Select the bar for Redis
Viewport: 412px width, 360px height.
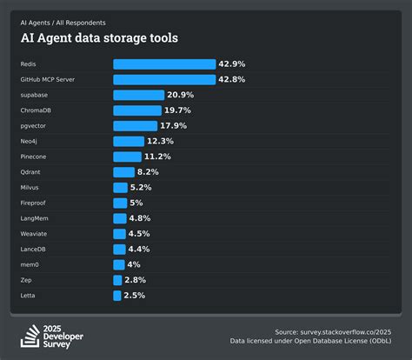click(x=164, y=64)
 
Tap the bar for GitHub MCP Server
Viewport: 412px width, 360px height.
click(x=164, y=79)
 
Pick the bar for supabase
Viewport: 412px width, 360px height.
click(x=138, y=95)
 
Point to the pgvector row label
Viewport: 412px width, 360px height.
click(x=33, y=126)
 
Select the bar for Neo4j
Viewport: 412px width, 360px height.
click(x=129, y=141)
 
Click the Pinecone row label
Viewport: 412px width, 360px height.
click(x=34, y=157)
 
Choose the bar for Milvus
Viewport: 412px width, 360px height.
click(x=120, y=187)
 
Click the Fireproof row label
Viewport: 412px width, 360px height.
click(x=35, y=203)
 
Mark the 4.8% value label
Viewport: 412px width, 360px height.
click(x=138, y=218)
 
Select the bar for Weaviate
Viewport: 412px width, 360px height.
click(x=119, y=234)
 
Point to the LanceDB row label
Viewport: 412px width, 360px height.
click(x=34, y=249)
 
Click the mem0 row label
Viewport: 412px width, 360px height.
click(x=30, y=264)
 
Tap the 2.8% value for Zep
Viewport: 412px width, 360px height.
click(x=134, y=280)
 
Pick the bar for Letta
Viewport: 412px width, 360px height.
click(x=116, y=296)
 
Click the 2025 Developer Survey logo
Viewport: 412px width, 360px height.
click(x=54, y=336)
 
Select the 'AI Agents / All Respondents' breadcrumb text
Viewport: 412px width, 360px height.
click(x=63, y=23)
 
